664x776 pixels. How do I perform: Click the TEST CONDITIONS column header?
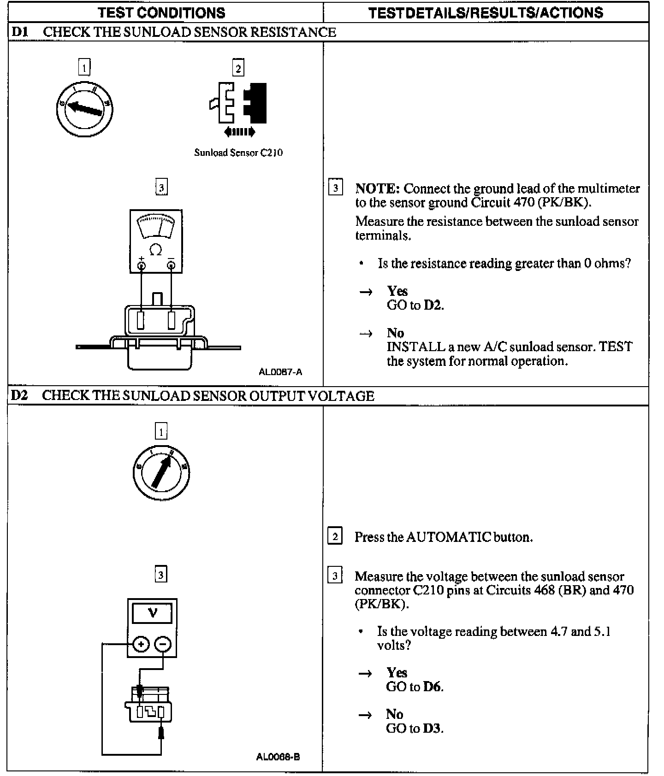pyautogui.click(x=161, y=12)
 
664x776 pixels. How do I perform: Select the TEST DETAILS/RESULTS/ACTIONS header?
pyautogui.click(x=486, y=12)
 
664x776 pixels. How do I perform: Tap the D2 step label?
pyautogui.click(x=20, y=395)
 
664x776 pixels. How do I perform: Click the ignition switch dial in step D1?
pyautogui.click(x=84, y=109)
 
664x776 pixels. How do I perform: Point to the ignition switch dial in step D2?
pyautogui.click(x=161, y=472)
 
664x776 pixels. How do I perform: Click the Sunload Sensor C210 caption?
pyautogui.click(x=238, y=153)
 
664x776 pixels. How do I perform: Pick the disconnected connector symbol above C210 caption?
pyautogui.click(x=238, y=103)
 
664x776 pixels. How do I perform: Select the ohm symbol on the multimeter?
pyautogui.click(x=156, y=250)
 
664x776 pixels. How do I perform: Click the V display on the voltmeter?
pyautogui.click(x=152, y=613)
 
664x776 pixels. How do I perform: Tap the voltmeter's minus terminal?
pyautogui.click(x=163, y=644)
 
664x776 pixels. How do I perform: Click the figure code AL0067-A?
pyautogui.click(x=280, y=371)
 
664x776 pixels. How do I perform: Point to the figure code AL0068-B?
pyautogui.click(x=278, y=757)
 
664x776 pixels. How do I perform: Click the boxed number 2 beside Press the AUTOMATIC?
pyautogui.click(x=335, y=536)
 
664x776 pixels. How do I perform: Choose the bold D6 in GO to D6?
pyautogui.click(x=433, y=687)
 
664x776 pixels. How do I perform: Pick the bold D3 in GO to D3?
pyautogui.click(x=433, y=728)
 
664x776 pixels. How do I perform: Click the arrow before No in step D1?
pyautogui.click(x=366, y=333)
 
